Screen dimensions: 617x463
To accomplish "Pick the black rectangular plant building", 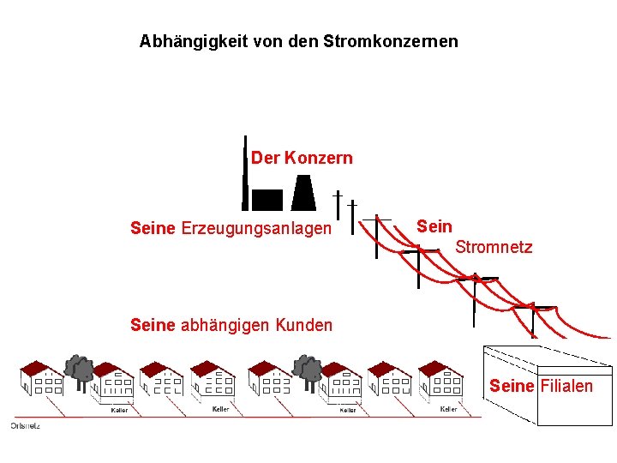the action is tap(267, 200).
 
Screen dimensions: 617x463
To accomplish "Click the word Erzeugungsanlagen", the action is tap(256, 228).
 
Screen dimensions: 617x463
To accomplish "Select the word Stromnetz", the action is tap(494, 248).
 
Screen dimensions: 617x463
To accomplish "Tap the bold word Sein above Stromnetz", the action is tap(434, 226).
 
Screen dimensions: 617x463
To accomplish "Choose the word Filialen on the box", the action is tap(566, 386).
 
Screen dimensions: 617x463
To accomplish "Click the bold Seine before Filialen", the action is tap(512, 386).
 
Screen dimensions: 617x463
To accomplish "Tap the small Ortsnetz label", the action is tap(25, 425).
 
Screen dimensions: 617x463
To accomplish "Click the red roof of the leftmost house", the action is tap(35, 369).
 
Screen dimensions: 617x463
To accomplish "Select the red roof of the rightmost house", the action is tap(440, 369).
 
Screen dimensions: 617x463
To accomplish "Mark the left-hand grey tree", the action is tap(81, 369).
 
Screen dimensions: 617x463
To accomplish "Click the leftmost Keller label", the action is tap(120, 410).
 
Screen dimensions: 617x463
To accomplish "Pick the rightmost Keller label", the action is tap(448, 409).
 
